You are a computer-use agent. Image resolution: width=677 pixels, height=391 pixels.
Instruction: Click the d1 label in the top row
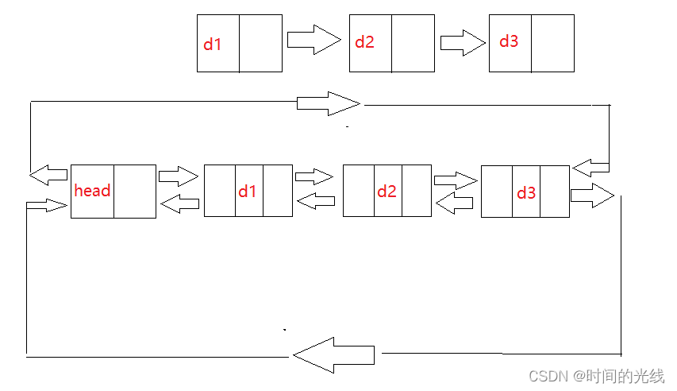coord(213,45)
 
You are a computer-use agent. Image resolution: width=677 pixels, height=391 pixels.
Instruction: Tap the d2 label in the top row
coord(364,42)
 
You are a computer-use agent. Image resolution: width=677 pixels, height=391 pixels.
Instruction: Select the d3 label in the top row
coord(509,41)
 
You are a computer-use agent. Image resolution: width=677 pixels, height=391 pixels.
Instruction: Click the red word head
coord(92,191)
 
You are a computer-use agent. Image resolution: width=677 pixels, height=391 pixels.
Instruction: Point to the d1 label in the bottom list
coord(248,191)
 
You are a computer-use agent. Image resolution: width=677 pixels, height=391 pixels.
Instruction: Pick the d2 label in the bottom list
coord(387,191)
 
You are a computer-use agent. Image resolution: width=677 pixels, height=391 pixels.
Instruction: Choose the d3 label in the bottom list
coord(526,192)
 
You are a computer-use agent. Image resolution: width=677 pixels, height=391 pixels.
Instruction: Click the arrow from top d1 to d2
coord(313,39)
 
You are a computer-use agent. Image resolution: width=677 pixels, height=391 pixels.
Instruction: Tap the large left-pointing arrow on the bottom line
coord(333,354)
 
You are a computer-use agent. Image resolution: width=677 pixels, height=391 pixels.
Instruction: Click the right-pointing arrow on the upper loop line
coord(328,103)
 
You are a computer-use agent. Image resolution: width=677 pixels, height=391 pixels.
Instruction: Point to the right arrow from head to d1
coord(178,176)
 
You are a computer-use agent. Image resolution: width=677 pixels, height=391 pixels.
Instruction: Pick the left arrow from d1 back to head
coord(179,203)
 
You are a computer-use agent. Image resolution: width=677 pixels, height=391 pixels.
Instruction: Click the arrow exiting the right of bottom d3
coord(591,195)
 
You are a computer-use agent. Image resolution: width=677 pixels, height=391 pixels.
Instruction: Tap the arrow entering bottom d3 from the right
coord(590,168)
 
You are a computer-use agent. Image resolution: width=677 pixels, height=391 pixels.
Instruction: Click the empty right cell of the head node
coord(134,191)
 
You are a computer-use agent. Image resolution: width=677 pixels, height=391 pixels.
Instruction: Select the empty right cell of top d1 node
coord(260,44)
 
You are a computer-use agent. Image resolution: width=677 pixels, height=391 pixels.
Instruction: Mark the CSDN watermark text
coord(596,375)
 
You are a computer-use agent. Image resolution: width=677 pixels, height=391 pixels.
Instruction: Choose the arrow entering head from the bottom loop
coord(46,206)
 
